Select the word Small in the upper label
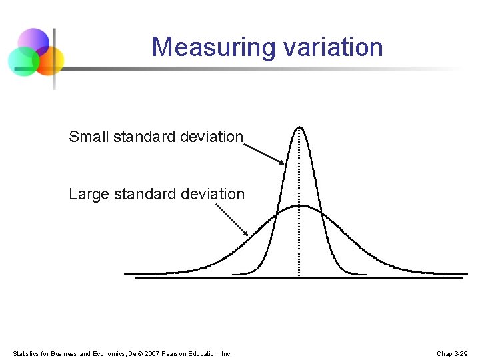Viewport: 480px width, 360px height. [x=89, y=137]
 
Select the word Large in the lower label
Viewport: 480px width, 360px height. [x=89, y=194]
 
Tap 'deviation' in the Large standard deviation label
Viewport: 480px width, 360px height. [x=213, y=194]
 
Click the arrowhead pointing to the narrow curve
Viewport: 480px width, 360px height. [x=281, y=162]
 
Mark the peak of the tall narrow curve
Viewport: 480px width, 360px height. [x=299, y=127]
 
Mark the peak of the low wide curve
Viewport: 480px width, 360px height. [x=300, y=205]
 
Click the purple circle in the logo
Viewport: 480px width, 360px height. [x=33, y=42]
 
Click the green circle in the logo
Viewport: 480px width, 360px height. [x=23, y=62]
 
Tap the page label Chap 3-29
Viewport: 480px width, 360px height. [x=452, y=353]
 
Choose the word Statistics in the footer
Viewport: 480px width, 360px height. [x=27, y=353]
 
